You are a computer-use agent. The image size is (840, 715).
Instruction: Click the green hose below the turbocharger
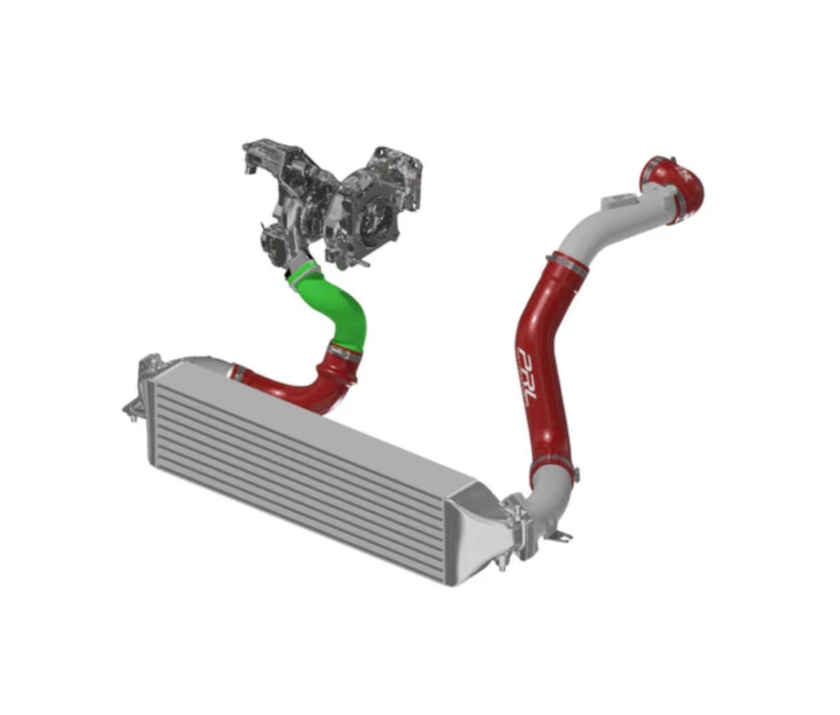coord(340,308)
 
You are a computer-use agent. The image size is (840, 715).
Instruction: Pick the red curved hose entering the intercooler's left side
coord(290,387)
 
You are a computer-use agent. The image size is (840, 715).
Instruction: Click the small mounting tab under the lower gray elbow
coord(563,536)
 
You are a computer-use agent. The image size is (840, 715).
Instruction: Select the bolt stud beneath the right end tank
coord(501,563)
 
